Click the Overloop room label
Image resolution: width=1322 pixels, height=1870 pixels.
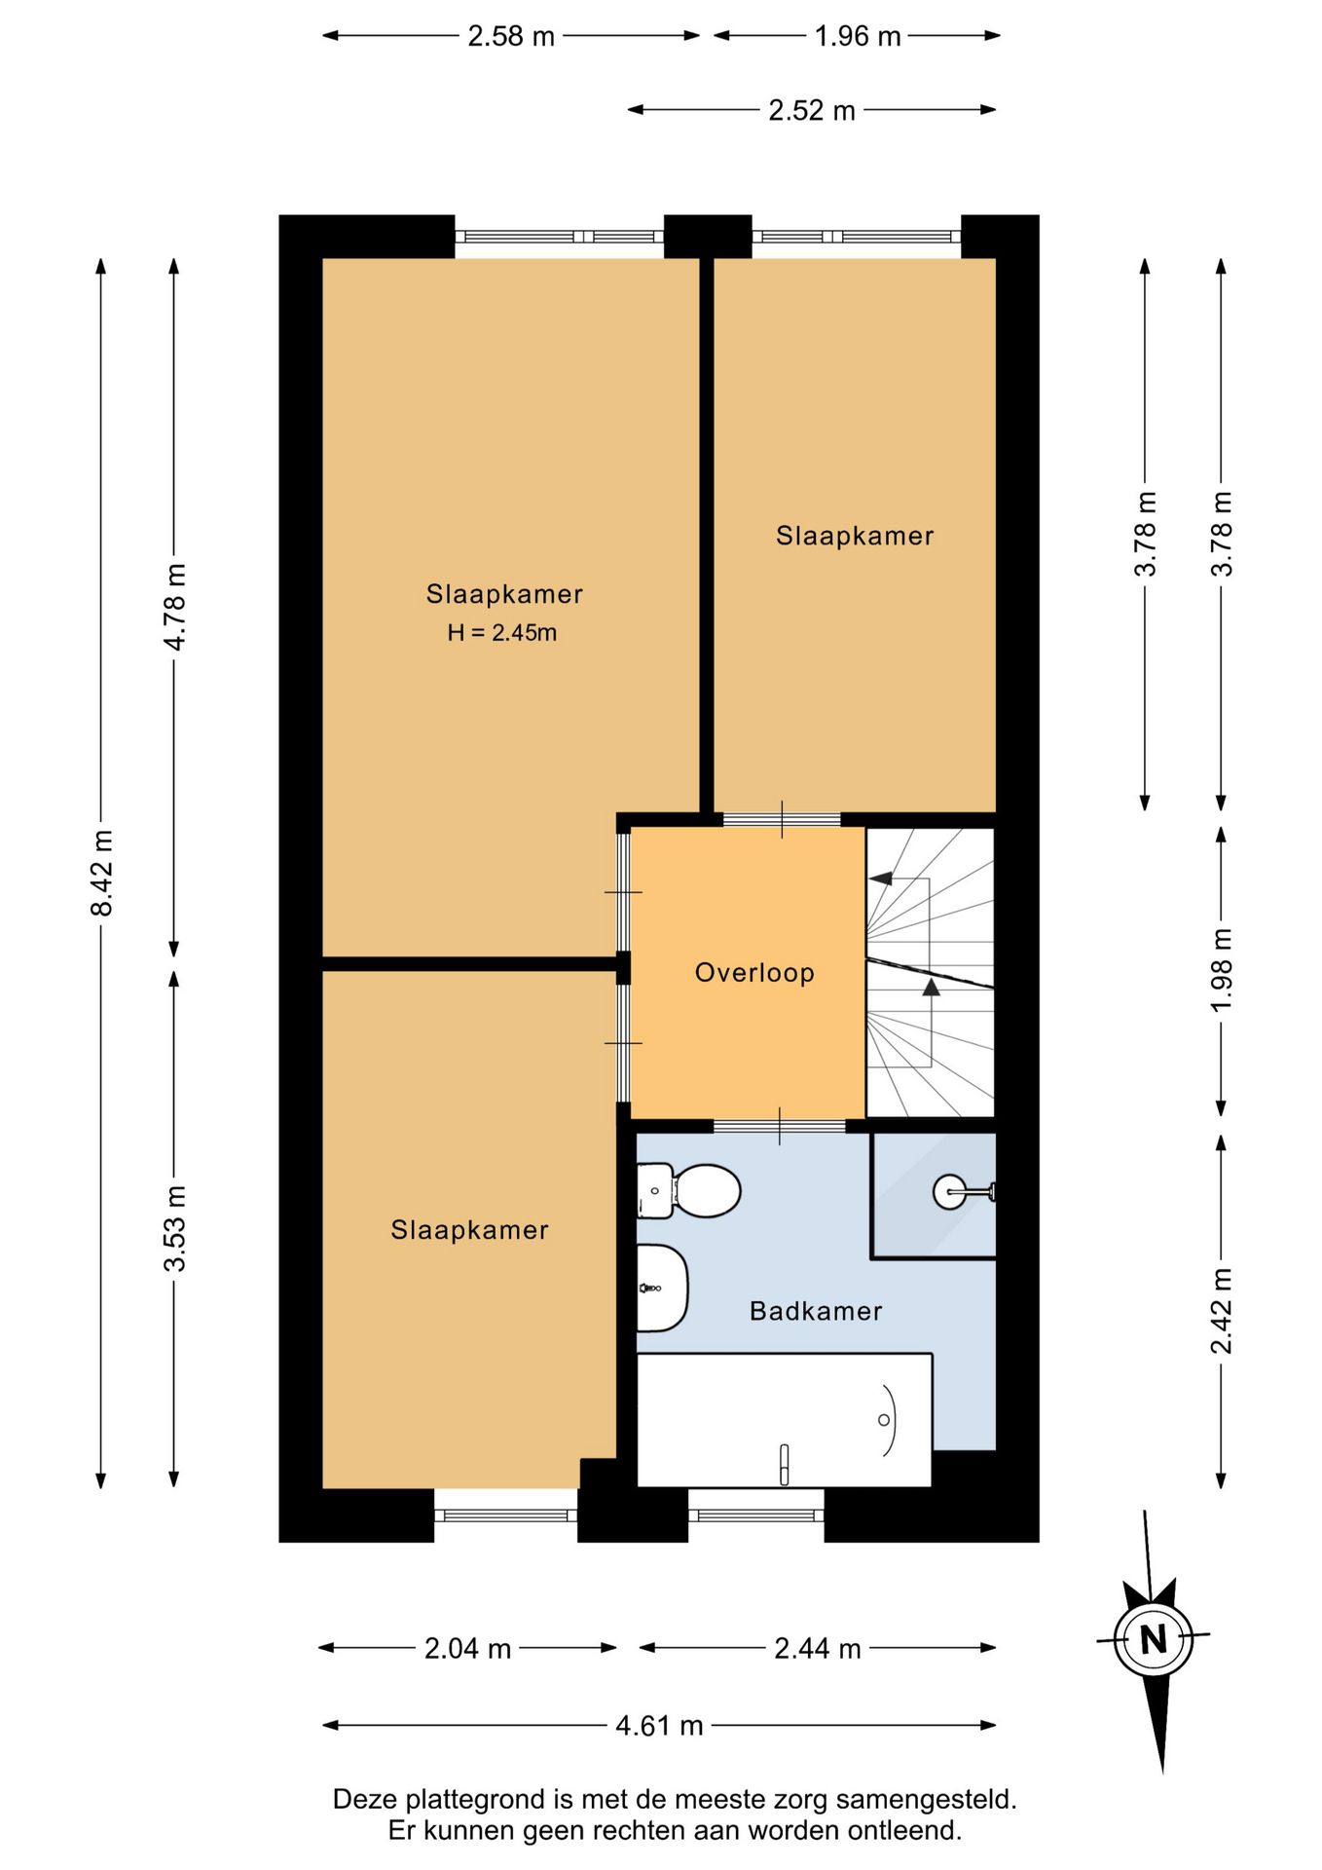tap(754, 972)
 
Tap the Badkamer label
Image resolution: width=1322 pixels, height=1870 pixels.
tap(816, 1311)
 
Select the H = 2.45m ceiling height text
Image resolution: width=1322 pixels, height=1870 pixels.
tap(502, 632)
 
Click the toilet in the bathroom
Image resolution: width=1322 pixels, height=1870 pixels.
tap(688, 1190)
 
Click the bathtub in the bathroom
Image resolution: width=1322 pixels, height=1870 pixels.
tap(784, 1420)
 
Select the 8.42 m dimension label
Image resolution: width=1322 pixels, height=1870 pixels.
tap(101, 873)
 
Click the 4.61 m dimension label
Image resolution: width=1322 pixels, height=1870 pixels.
tap(659, 1726)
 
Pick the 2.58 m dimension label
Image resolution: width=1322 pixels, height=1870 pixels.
tap(511, 36)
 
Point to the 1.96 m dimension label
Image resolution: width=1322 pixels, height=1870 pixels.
tap(858, 36)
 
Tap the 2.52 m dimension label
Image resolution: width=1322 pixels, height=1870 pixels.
tap(812, 110)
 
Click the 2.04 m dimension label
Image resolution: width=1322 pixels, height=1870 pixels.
tap(467, 1648)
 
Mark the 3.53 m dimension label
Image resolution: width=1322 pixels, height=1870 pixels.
tap(174, 1229)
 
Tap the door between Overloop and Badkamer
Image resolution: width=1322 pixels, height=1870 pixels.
tap(780, 1127)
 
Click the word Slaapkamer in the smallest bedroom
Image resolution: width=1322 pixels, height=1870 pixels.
tap(855, 536)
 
